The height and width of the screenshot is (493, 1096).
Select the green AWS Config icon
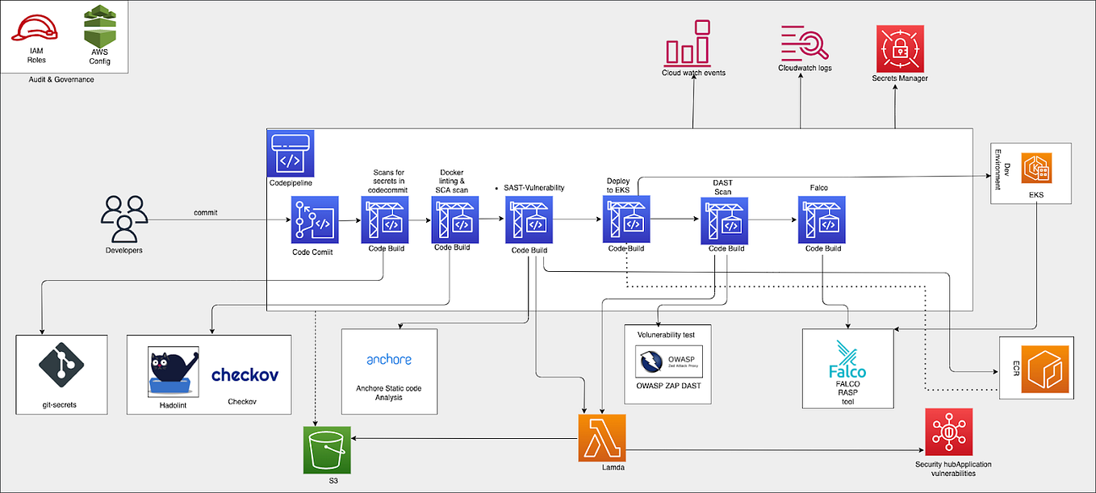coord(100,27)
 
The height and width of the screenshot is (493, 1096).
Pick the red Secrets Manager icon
coord(899,48)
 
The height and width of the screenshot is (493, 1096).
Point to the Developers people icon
coord(123,219)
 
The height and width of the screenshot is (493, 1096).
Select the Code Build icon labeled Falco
coord(822,219)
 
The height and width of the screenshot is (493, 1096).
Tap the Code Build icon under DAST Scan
coord(725,219)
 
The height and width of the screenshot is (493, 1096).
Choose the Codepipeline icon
coord(291,155)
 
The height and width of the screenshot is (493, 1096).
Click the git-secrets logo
coord(61,364)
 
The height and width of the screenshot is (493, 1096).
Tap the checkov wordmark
coord(245,375)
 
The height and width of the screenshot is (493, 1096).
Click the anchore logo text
coord(389,360)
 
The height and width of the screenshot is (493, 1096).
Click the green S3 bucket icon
coord(327,450)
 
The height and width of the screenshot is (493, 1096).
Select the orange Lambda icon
coord(602,438)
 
